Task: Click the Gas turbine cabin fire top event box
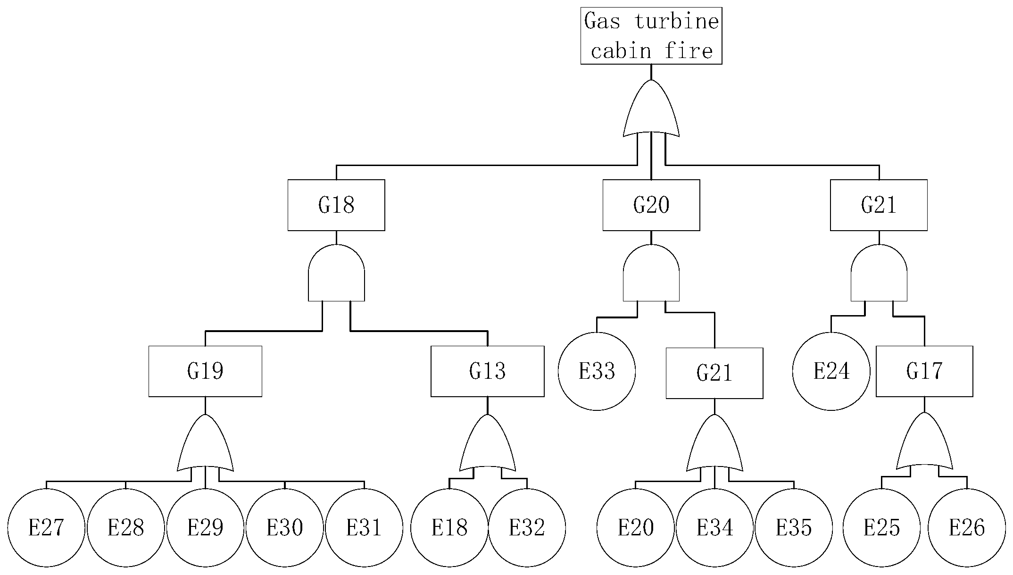[651, 36]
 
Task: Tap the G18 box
[336, 205]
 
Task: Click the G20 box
[651, 205]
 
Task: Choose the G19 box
[205, 371]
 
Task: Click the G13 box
[487, 371]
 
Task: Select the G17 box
[924, 371]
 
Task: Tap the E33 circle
[597, 371]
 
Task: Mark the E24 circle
[831, 371]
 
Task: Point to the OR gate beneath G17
[924, 443]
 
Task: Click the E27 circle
[46, 527]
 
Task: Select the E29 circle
[205, 527]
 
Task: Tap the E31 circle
[364, 527]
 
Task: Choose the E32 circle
[527, 527]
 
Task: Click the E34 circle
[714, 527]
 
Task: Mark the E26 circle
[967, 527]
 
